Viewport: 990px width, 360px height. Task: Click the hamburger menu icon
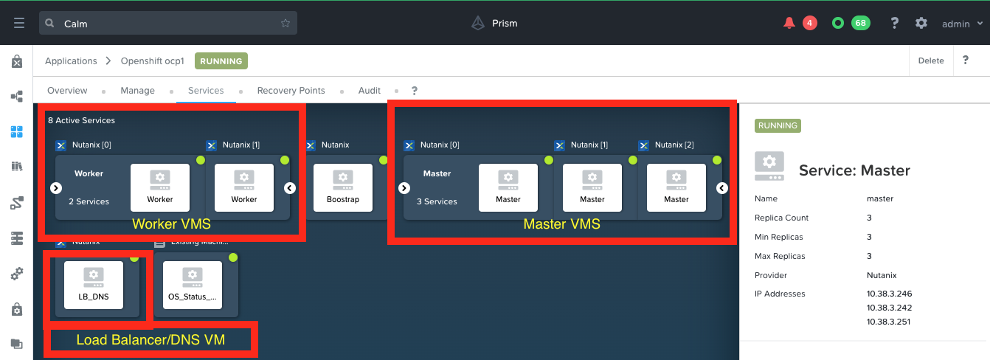[19, 23]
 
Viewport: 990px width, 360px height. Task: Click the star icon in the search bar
[285, 23]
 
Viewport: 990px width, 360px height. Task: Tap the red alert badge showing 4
[809, 23]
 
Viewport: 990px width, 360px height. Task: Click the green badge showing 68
[860, 23]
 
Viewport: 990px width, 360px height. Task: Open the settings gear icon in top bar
[921, 23]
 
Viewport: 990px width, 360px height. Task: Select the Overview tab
[67, 91]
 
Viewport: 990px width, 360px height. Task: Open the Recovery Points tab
[291, 91]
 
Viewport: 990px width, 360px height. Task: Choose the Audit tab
[370, 91]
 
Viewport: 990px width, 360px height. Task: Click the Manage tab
[137, 91]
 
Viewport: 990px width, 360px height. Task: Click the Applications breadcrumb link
[71, 61]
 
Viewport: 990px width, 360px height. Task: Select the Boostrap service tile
[342, 187]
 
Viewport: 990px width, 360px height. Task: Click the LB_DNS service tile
[94, 285]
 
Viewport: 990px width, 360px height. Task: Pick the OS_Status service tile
[193, 285]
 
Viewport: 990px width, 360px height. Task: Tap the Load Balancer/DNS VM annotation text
[150, 340]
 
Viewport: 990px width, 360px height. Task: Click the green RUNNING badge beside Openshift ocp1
[221, 61]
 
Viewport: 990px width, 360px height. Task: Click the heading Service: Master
[854, 170]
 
